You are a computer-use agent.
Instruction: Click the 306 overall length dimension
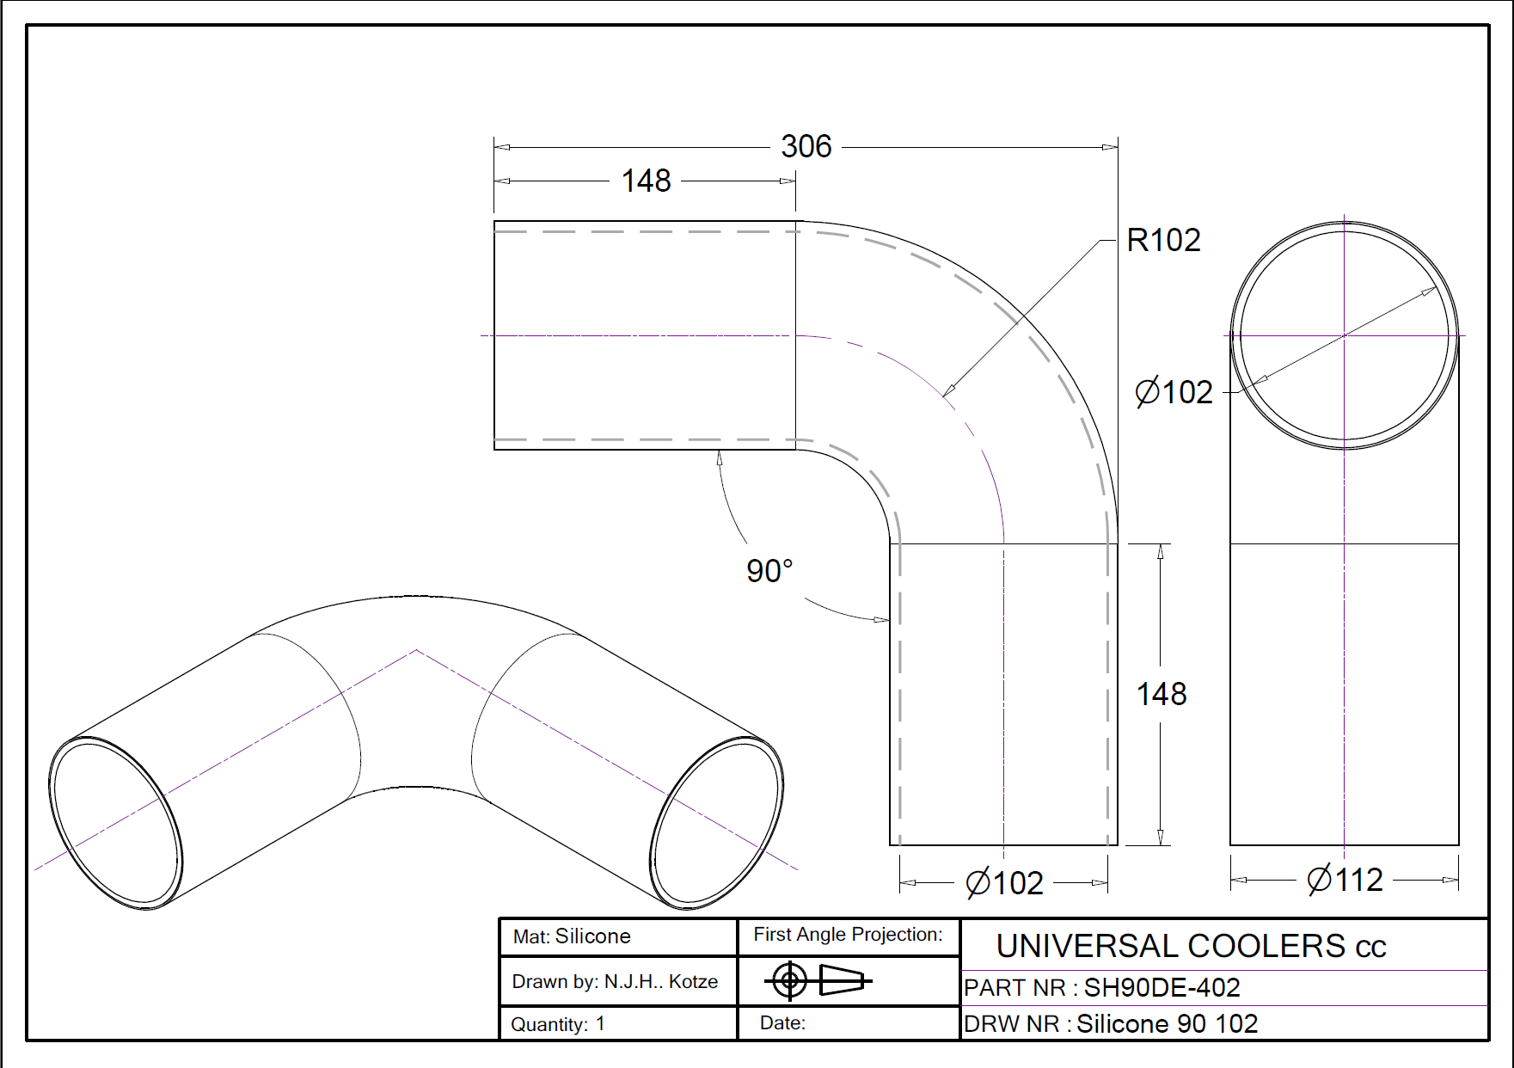pos(806,146)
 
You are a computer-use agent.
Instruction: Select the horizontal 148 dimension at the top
pos(646,181)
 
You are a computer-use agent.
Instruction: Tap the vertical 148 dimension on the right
pos(1162,694)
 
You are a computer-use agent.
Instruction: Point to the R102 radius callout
pos(1163,240)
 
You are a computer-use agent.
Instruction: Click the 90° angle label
pos(769,570)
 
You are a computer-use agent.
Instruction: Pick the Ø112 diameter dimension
pos(1345,880)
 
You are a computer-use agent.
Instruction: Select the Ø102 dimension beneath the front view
pos(1004,883)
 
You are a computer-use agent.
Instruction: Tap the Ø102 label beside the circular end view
pos(1174,392)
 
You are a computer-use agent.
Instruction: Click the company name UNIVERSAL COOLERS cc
pos(1191,946)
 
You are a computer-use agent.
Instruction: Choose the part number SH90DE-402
pos(1162,987)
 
